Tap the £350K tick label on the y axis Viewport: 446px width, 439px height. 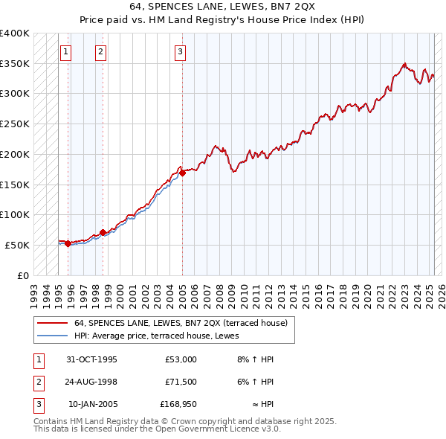tap(15, 64)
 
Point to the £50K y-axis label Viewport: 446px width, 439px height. tap(17, 245)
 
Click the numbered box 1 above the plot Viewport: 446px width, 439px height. tap(66, 52)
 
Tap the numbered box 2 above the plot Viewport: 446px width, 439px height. tap(101, 52)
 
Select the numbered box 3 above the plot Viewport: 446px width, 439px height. tap(181, 52)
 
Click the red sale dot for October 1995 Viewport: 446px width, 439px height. tap(68, 243)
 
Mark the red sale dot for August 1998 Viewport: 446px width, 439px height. tap(103, 232)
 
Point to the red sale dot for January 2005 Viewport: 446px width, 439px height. tap(182, 173)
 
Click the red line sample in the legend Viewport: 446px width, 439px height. tap(51, 323)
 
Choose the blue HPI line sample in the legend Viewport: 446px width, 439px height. tap(51, 335)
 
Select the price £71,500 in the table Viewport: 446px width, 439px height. tap(180, 382)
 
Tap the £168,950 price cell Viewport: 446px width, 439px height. tap(178, 405)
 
